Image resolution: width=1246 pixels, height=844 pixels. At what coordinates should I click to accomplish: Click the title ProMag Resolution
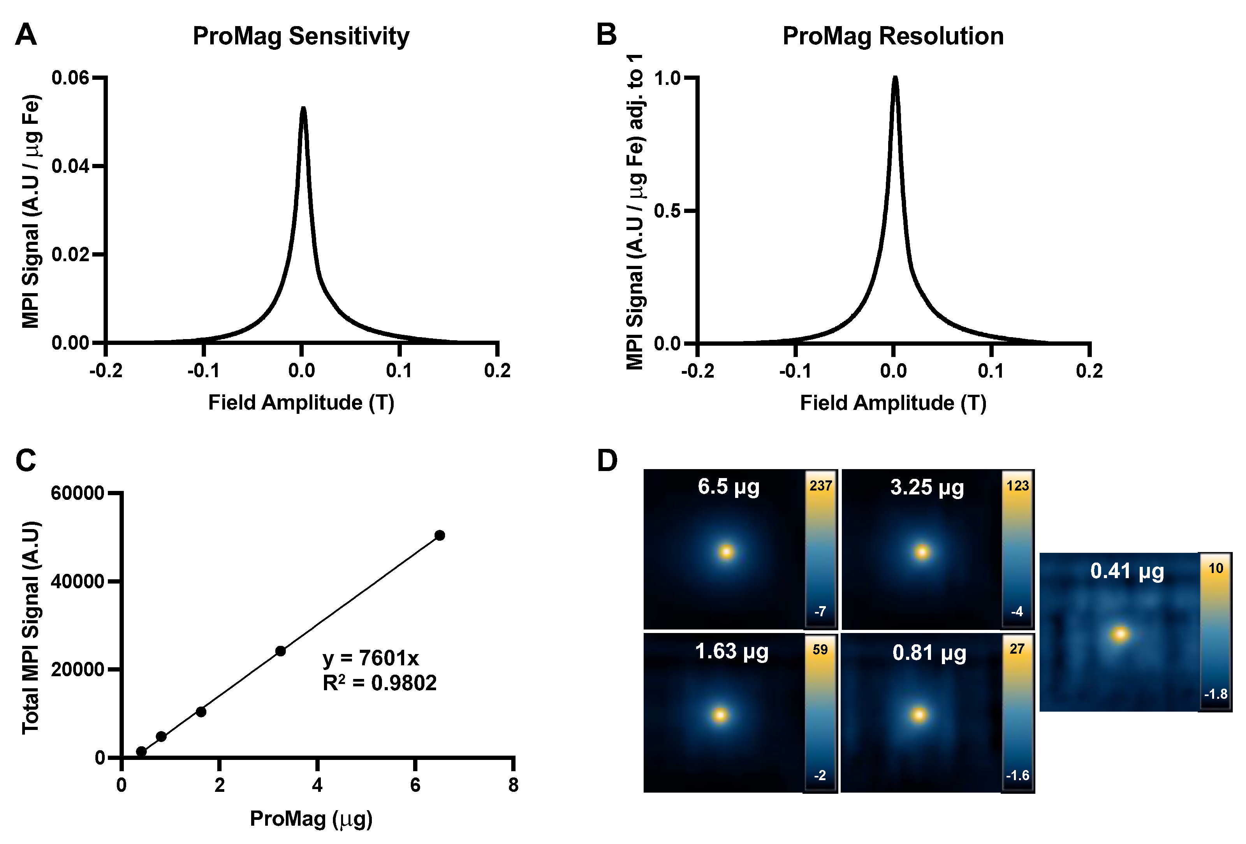(893, 37)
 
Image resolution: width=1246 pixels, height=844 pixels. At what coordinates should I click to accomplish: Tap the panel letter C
(26, 460)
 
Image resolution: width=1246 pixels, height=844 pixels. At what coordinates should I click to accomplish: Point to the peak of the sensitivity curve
(303, 109)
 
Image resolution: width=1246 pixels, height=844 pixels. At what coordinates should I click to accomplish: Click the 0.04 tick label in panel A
(70, 166)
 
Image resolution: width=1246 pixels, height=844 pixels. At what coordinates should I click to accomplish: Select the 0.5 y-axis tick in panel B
(667, 211)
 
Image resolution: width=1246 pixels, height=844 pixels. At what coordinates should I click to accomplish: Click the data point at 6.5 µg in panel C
(440, 535)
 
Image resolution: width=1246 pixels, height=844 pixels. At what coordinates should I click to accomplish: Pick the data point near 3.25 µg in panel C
(280, 651)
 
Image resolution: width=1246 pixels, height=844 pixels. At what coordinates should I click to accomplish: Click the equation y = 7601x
(370, 658)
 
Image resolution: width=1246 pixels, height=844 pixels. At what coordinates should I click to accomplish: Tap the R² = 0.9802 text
(379, 683)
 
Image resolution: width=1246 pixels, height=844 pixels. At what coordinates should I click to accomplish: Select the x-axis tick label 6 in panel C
(415, 785)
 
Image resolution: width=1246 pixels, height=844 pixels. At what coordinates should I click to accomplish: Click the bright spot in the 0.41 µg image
(1119, 635)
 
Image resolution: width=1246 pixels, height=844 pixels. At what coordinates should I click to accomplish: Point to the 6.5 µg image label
(729, 487)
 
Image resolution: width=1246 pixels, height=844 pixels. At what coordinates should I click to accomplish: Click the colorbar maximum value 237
(820, 485)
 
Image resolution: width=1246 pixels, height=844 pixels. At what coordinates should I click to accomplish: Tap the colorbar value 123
(1017, 485)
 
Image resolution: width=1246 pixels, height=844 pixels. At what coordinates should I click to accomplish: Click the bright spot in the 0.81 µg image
(919, 715)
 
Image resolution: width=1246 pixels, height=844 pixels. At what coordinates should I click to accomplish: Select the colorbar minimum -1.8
(1216, 694)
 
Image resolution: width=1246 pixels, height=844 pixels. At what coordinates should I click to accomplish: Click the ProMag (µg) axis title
(311, 818)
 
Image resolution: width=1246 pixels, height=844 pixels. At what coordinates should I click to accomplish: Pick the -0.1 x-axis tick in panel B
(795, 371)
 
